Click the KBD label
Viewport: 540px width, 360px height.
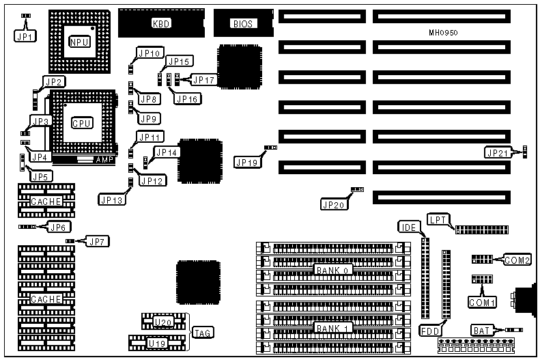click(x=160, y=24)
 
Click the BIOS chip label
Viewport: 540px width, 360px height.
click(x=242, y=24)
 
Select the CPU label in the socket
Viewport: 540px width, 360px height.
click(x=83, y=124)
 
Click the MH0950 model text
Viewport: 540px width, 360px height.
click(x=442, y=33)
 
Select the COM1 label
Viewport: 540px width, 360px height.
click(x=482, y=301)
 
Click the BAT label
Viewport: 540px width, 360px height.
click(x=481, y=331)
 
